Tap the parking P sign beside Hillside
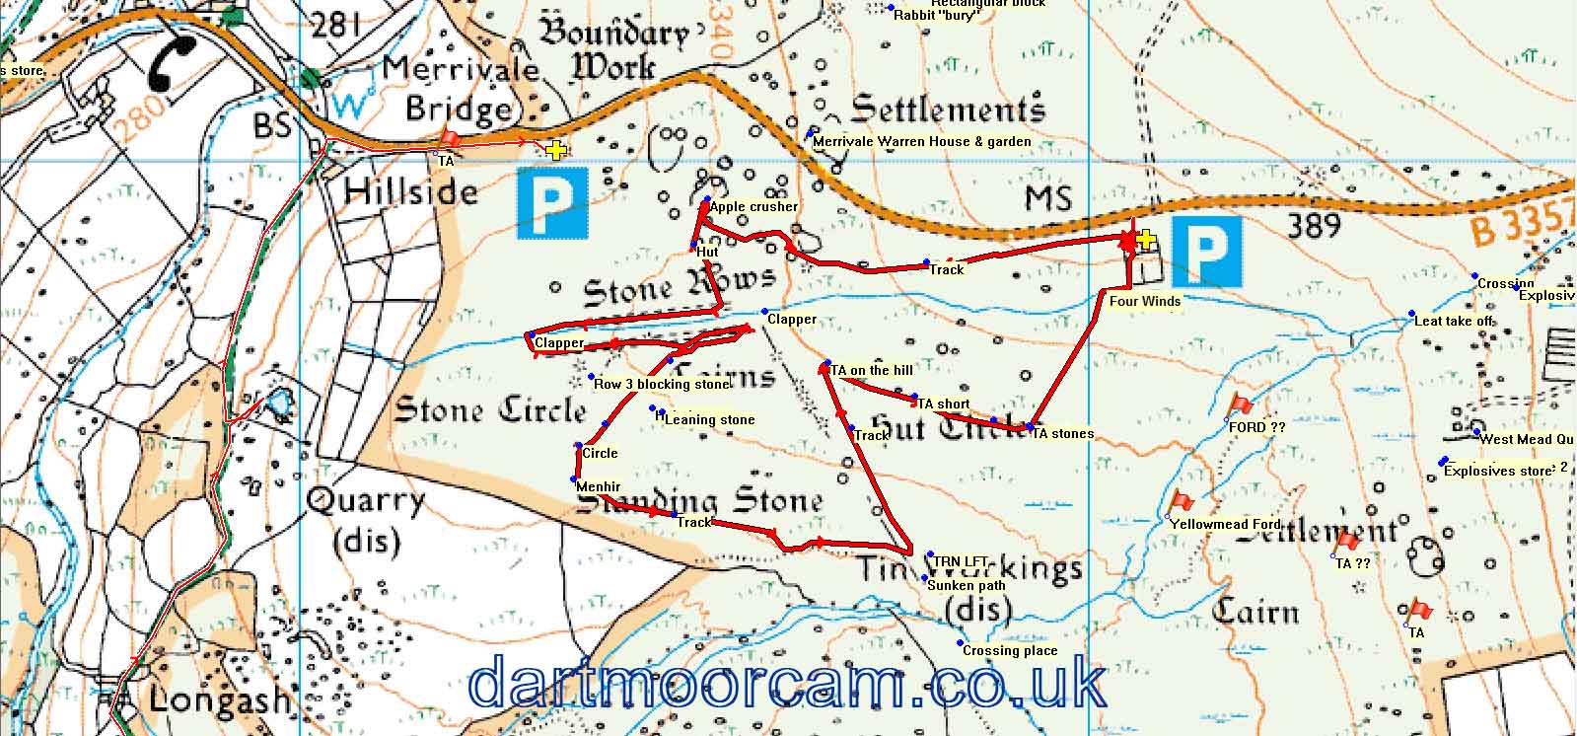552,202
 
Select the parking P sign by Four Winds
1206,252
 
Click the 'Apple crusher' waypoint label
753,207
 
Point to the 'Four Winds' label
1145,301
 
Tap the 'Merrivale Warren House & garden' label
922,142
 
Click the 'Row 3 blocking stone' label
662,384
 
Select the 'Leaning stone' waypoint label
710,420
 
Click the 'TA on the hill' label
872,371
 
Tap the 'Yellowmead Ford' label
1226,524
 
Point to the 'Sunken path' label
967,585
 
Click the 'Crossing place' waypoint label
1010,651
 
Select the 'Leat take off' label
1454,322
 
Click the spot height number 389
1315,226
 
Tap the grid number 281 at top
335,24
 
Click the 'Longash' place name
220,700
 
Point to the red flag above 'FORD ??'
1241,404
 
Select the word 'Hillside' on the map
411,191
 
